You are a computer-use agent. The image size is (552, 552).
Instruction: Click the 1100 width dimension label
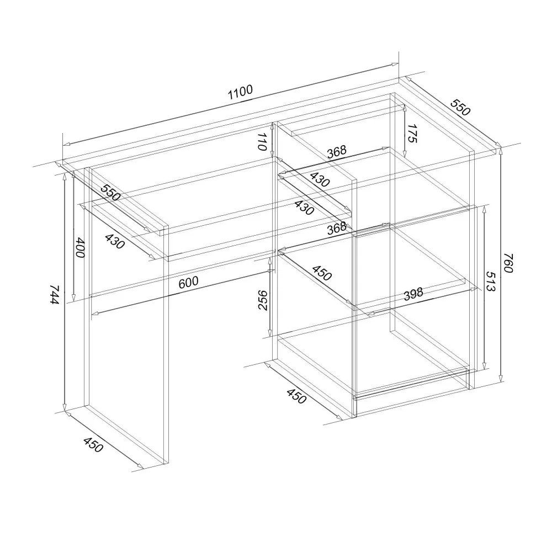[x=241, y=92]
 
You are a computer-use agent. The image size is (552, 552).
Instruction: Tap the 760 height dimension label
[x=508, y=263]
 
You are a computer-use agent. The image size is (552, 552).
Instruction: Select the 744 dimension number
[x=55, y=295]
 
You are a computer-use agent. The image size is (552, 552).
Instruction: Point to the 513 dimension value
[x=491, y=281]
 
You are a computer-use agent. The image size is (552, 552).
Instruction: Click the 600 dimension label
[x=188, y=282]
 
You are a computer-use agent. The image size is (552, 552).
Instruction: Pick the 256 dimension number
[x=263, y=300]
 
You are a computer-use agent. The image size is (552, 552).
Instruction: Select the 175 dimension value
[x=412, y=134]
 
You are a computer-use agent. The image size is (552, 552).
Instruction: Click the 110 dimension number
[x=263, y=142]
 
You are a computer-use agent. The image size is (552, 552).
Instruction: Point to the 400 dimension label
[x=81, y=247]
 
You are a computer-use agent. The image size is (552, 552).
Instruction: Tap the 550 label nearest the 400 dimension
[x=110, y=192]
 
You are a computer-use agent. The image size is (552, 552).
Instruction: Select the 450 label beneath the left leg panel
[x=93, y=444]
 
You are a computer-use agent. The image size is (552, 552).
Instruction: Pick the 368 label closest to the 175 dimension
[x=337, y=152]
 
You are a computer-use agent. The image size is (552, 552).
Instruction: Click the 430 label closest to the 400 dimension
[x=115, y=241]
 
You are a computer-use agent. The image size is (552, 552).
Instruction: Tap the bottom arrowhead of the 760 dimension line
[x=501, y=378]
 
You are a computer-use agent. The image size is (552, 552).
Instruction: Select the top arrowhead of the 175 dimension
[x=405, y=108]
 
